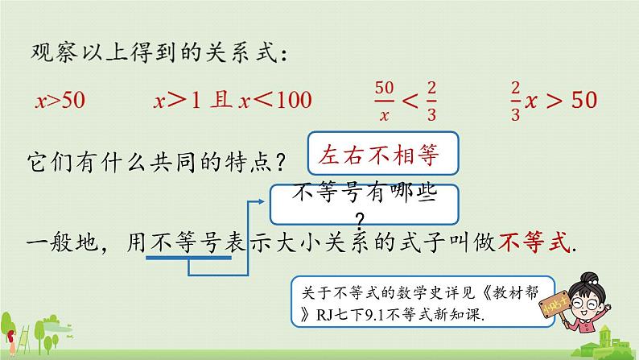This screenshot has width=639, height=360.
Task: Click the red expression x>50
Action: [60, 101]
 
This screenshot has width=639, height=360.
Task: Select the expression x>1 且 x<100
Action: [233, 101]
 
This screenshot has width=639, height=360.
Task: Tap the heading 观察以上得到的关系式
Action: [156, 53]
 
